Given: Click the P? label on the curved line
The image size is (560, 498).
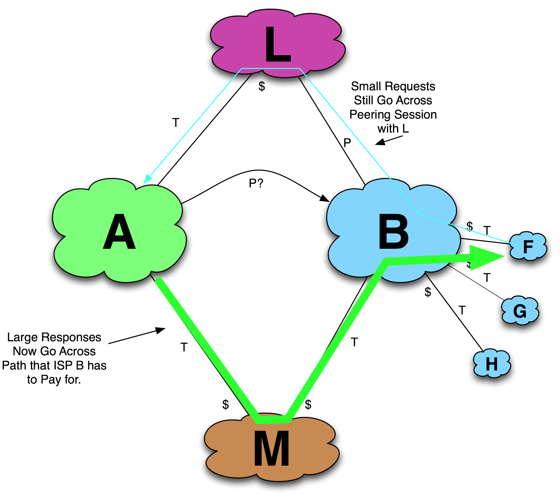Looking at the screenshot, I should [x=256, y=183].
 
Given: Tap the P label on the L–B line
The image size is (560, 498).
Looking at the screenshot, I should [x=347, y=143].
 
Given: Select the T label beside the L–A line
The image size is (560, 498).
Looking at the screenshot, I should [x=176, y=122].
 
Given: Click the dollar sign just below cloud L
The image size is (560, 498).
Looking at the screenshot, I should [x=262, y=87].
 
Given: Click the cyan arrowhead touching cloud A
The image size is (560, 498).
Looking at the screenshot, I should [x=147, y=179].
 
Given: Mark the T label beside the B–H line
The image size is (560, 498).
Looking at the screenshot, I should [x=462, y=311].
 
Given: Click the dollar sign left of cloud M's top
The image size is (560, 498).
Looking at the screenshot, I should [x=225, y=405].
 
